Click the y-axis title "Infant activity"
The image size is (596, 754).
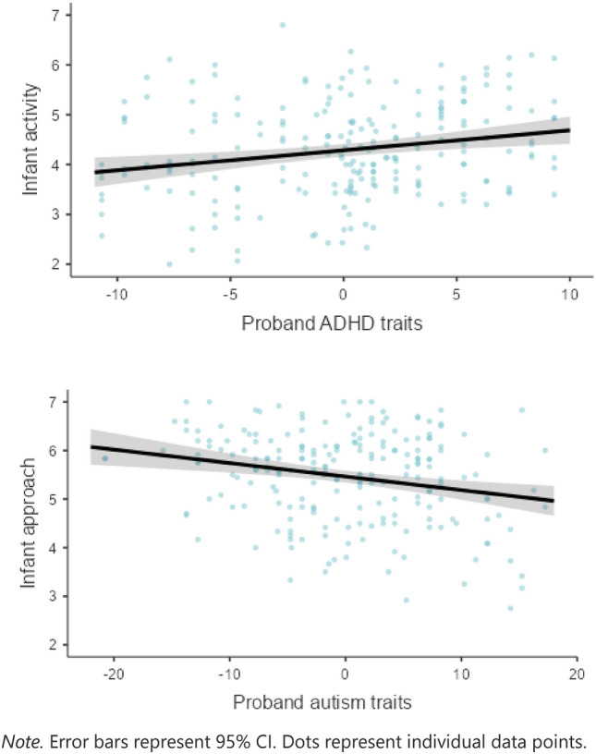point(30,140)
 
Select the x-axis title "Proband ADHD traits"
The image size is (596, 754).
point(332,323)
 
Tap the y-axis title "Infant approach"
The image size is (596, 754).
point(28,523)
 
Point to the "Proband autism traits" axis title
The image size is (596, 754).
point(322,702)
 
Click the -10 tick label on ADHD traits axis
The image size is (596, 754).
point(116,294)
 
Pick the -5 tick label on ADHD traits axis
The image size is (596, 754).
point(230,294)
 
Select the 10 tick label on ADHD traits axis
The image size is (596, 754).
point(569,294)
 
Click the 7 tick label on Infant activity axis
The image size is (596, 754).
point(55,16)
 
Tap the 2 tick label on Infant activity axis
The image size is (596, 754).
point(55,264)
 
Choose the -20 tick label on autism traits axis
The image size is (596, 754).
point(113,675)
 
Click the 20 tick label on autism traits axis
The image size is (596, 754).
point(577,675)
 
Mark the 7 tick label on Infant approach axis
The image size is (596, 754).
point(53,402)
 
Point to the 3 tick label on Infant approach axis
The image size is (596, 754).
point(53,596)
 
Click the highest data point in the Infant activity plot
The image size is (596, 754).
point(283,25)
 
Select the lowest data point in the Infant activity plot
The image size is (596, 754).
point(169,264)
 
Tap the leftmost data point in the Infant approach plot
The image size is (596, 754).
point(105,458)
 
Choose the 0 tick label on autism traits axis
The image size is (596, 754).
point(345,675)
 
